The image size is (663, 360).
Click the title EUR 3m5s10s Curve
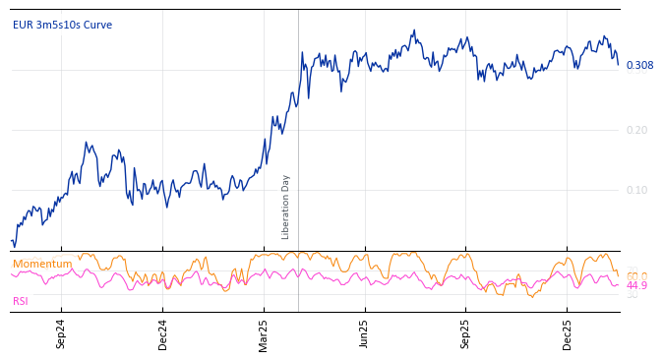[x=62, y=25]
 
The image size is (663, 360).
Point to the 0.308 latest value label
[x=639, y=66]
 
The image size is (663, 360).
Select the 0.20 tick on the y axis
[x=636, y=130]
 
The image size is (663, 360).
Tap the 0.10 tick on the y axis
[x=636, y=190]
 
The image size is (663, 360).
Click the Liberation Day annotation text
[x=286, y=207]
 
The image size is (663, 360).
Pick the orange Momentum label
[x=42, y=264]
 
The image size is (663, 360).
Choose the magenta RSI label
[x=21, y=301]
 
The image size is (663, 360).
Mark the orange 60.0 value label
[x=636, y=276]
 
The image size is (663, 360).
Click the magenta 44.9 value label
[x=636, y=285]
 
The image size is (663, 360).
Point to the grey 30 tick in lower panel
[x=633, y=295]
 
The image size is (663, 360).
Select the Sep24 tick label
[x=61, y=334]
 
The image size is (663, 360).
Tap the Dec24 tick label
[x=163, y=334]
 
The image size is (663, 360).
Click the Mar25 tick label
[x=264, y=334]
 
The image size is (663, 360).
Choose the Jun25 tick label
[x=364, y=334]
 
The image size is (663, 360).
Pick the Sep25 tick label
[x=466, y=334]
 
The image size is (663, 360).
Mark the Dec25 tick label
[x=568, y=334]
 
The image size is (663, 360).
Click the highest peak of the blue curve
[x=414, y=30]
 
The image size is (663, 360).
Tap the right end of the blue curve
[x=619, y=66]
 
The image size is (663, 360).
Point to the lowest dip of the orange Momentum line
[x=531, y=296]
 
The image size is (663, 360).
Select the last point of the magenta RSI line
[x=619, y=285]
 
